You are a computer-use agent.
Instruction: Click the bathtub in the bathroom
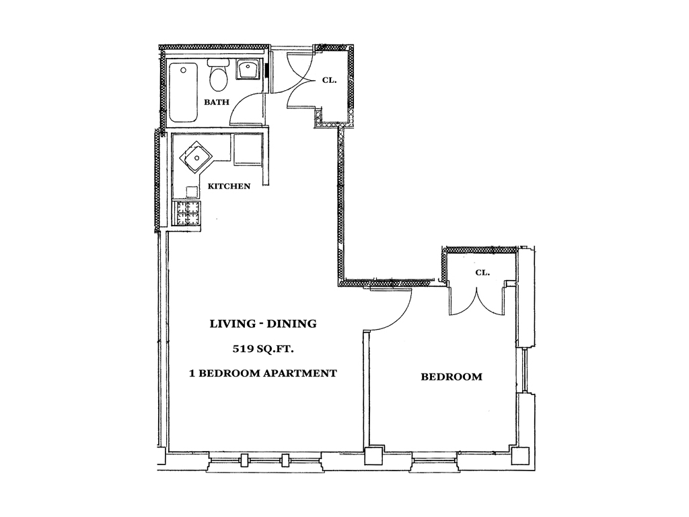pos(183,92)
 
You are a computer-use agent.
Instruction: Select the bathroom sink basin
pos(248,69)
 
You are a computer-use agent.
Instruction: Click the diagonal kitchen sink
pos(196,157)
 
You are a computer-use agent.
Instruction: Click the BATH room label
pos(217,102)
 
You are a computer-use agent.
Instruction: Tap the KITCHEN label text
pos(229,186)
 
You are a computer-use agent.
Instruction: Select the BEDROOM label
pos(451,377)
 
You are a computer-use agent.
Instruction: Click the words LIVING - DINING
pos(263,324)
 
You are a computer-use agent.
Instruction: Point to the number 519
pos(242,349)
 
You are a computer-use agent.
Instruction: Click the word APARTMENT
pos(299,373)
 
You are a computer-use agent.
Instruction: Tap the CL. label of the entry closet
pos(330,80)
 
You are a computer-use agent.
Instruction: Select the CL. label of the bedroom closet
pos(482,273)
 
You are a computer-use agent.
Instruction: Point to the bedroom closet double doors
pos(476,301)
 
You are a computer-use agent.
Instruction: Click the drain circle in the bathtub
pos(184,69)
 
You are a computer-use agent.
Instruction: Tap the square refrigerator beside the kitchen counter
pos(247,149)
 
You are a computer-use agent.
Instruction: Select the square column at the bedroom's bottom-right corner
pos(521,456)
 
